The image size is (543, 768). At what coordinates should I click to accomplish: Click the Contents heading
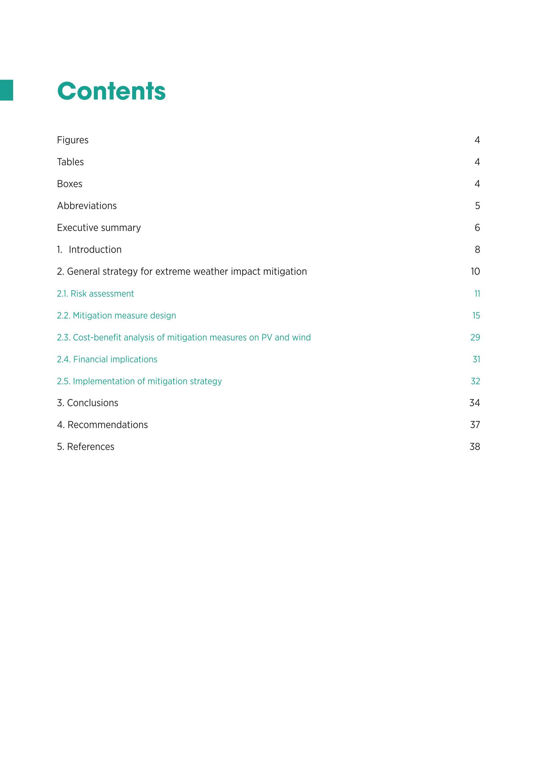tap(111, 91)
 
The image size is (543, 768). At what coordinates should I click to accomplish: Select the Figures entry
tap(72, 140)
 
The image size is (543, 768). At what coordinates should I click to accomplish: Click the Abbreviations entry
tap(87, 206)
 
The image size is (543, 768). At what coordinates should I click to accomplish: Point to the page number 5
tap(477, 206)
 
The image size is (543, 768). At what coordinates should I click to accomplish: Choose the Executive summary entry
tap(99, 228)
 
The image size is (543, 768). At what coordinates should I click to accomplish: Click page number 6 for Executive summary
tap(477, 228)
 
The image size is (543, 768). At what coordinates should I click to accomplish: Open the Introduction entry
tap(95, 250)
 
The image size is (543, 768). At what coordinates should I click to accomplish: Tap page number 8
tap(477, 250)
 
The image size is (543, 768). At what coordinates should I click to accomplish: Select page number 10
tap(475, 272)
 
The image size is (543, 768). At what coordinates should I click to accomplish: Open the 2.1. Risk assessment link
tap(95, 294)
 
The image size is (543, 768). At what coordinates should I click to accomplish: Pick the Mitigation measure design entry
tap(124, 315)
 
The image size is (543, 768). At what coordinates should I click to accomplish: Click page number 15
tap(476, 315)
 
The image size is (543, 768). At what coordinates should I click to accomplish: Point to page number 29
tap(475, 337)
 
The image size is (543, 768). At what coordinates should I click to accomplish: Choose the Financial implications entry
tap(115, 359)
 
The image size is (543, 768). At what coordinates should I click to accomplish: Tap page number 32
tap(475, 381)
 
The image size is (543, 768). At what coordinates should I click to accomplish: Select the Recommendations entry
tap(107, 425)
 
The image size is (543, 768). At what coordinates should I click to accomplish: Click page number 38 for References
tap(475, 447)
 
